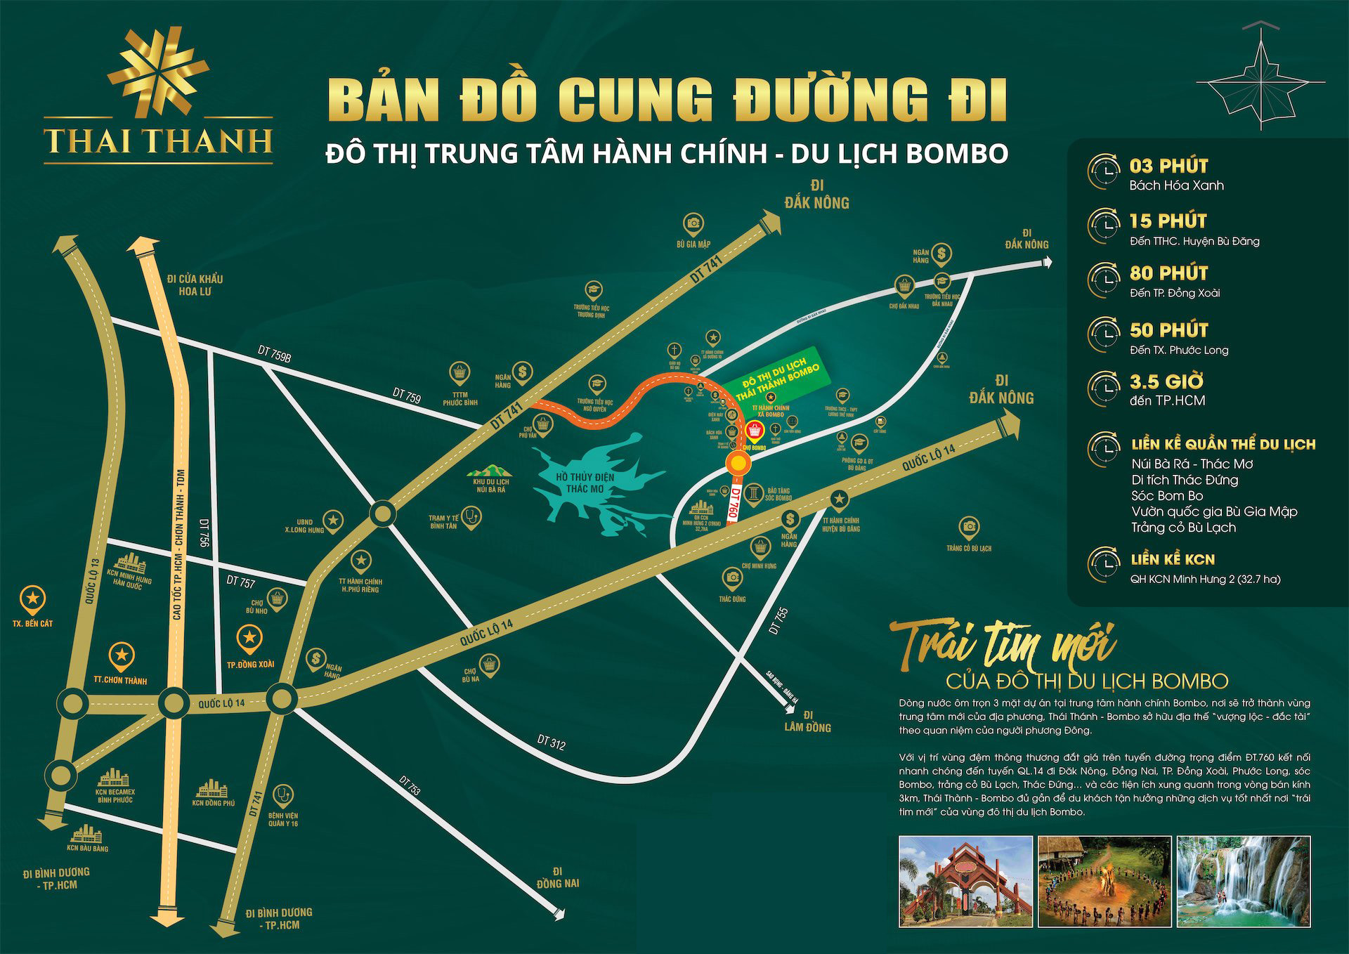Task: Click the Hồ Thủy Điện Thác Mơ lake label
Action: click(x=584, y=483)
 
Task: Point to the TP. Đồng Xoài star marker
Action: click(x=250, y=639)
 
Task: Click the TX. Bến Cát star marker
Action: click(x=33, y=599)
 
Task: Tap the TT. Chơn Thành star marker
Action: click(x=122, y=655)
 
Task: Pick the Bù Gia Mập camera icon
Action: click(x=693, y=223)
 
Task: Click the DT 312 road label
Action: click(x=551, y=742)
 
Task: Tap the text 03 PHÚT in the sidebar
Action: click(x=1168, y=166)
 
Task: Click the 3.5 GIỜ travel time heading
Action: click(x=1166, y=383)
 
